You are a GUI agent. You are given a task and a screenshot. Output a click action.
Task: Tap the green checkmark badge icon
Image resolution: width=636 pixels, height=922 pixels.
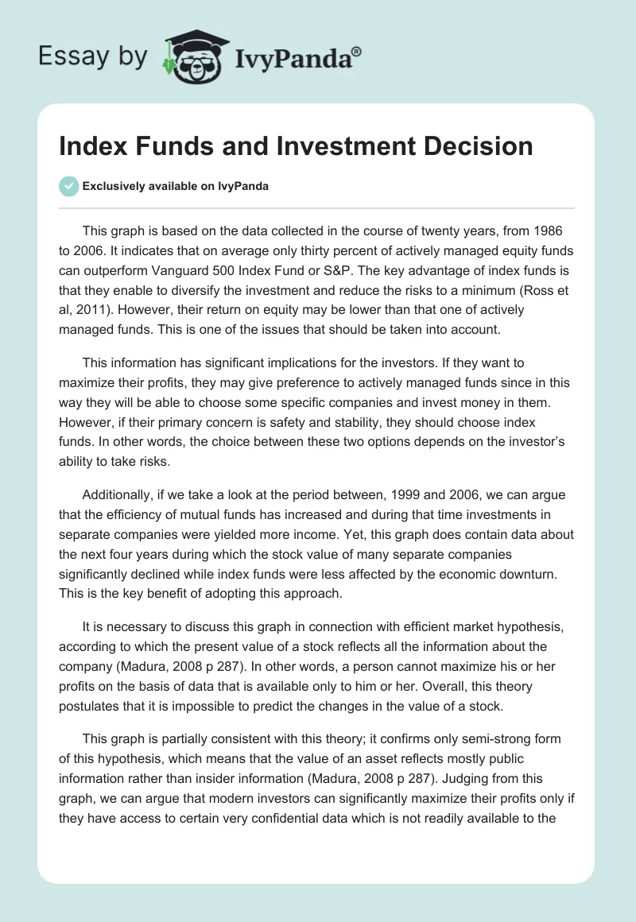point(68,186)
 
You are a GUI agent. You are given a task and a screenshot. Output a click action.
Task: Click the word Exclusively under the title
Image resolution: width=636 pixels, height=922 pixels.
point(116,187)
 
